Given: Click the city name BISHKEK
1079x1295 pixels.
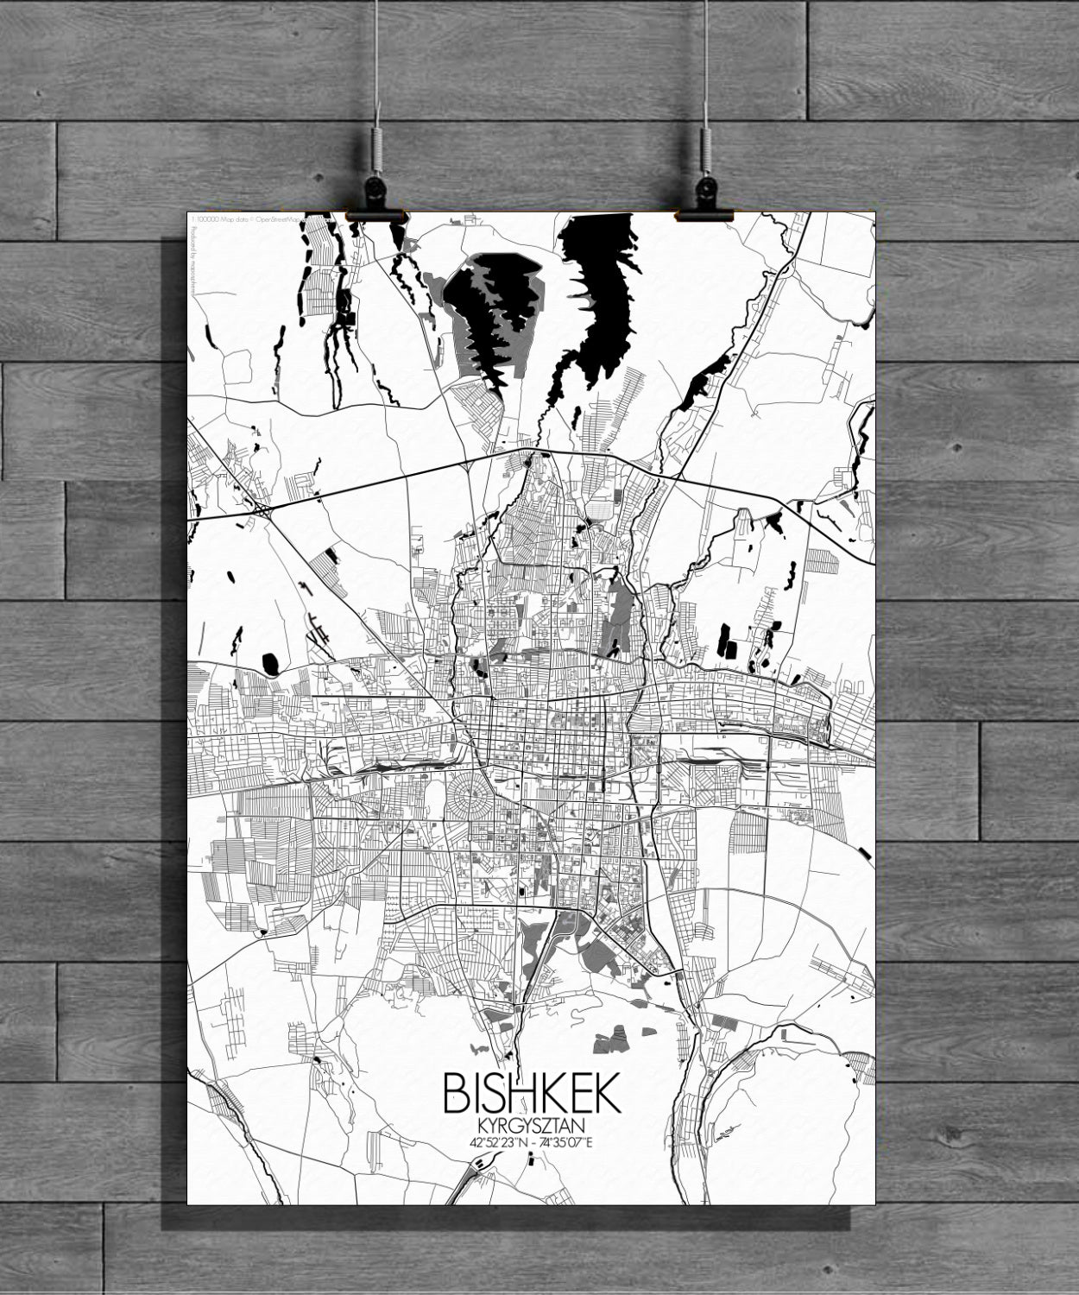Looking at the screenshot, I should (531, 1093).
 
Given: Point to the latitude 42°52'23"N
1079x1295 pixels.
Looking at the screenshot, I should (498, 1141).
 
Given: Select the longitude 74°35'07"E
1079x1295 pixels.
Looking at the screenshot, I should (567, 1141).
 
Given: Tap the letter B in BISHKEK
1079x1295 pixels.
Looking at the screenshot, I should (456, 1093).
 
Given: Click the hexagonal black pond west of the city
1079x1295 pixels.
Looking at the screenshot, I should (271, 664).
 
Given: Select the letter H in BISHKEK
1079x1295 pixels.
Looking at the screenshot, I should (526, 1093).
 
